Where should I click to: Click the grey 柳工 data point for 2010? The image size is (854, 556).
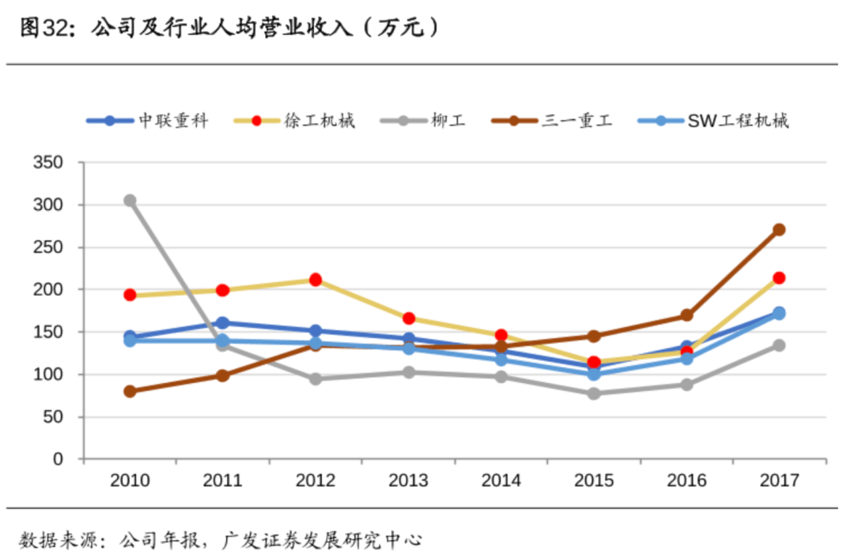(130, 201)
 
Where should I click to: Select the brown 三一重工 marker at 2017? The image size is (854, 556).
(779, 230)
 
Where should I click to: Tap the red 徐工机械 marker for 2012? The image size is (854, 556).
(316, 280)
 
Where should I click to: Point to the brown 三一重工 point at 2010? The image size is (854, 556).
(130, 391)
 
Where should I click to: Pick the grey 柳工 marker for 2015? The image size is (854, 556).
(594, 393)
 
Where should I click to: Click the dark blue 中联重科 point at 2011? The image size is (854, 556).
(222, 323)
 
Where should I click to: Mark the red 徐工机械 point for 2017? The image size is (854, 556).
(779, 278)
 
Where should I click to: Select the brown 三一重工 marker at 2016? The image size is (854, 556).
(686, 316)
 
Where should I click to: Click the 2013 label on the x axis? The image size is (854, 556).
(408, 480)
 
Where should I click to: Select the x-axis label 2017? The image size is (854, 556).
(779, 480)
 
